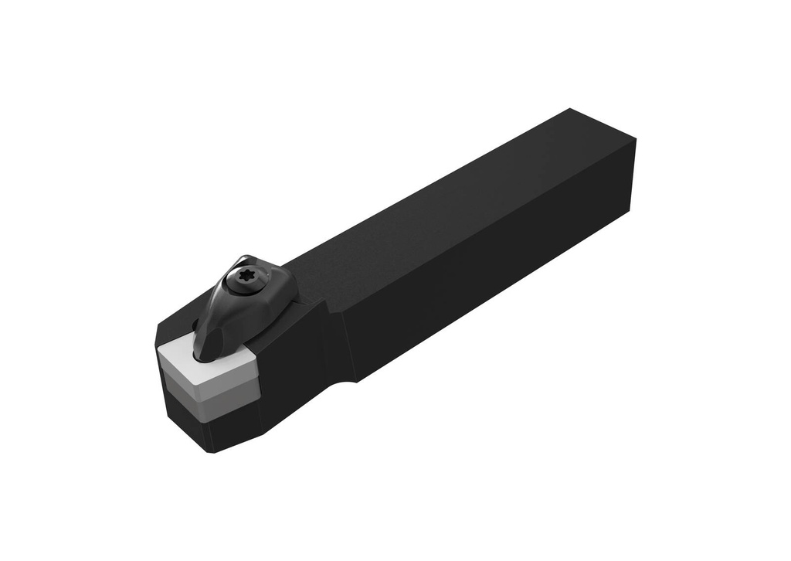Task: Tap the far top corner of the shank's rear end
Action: [x=570, y=110]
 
